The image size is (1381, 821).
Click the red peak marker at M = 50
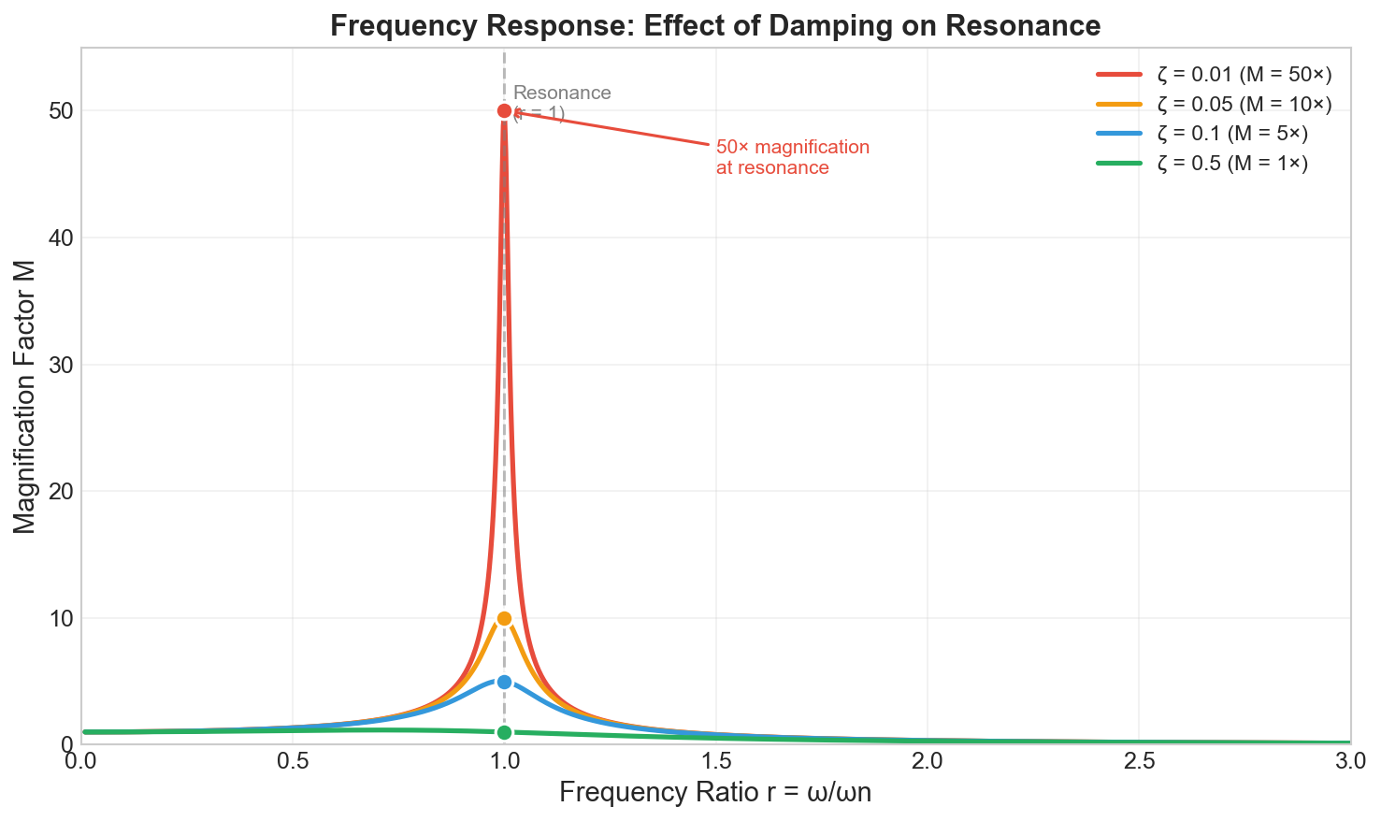(x=504, y=110)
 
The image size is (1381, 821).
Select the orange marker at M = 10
(x=504, y=618)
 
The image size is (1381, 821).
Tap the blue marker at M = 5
(x=504, y=682)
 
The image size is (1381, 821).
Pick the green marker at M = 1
(x=504, y=732)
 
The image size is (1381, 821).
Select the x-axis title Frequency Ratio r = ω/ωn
(x=715, y=793)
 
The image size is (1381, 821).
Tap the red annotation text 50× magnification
(x=793, y=148)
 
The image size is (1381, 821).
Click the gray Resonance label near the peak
(x=562, y=94)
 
